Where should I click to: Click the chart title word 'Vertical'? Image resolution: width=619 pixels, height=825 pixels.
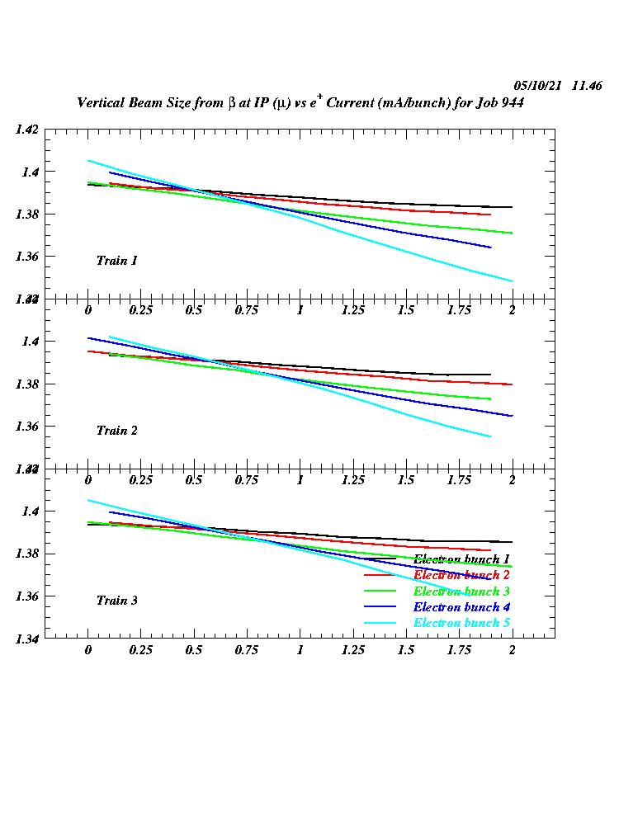(102, 103)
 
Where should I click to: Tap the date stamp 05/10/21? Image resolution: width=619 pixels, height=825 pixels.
(537, 86)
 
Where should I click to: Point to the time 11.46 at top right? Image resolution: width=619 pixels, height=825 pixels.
(586, 86)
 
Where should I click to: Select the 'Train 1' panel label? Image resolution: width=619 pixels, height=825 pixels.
(116, 261)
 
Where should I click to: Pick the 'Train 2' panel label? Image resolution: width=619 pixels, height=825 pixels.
(116, 431)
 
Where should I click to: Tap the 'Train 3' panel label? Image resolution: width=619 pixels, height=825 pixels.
(116, 601)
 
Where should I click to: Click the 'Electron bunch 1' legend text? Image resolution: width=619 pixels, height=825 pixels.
(461, 559)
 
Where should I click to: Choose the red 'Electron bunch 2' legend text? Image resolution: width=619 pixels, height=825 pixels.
(461, 575)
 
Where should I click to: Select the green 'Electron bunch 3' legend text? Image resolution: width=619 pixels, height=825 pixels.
(461, 592)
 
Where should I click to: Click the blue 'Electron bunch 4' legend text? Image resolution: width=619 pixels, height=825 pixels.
(461, 607)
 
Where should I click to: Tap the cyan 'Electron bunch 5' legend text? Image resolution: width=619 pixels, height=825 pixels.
(461, 623)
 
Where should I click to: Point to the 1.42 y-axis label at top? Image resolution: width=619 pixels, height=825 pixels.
(26, 130)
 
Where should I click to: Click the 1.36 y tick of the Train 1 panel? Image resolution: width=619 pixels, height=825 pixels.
(26, 257)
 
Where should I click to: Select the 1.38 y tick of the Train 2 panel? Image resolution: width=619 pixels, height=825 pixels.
(26, 384)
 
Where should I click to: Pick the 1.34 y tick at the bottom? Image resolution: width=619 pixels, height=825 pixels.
(26, 639)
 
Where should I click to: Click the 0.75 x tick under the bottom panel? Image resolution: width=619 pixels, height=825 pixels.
(247, 649)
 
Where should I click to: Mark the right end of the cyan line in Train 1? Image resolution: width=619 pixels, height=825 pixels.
(513, 281)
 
